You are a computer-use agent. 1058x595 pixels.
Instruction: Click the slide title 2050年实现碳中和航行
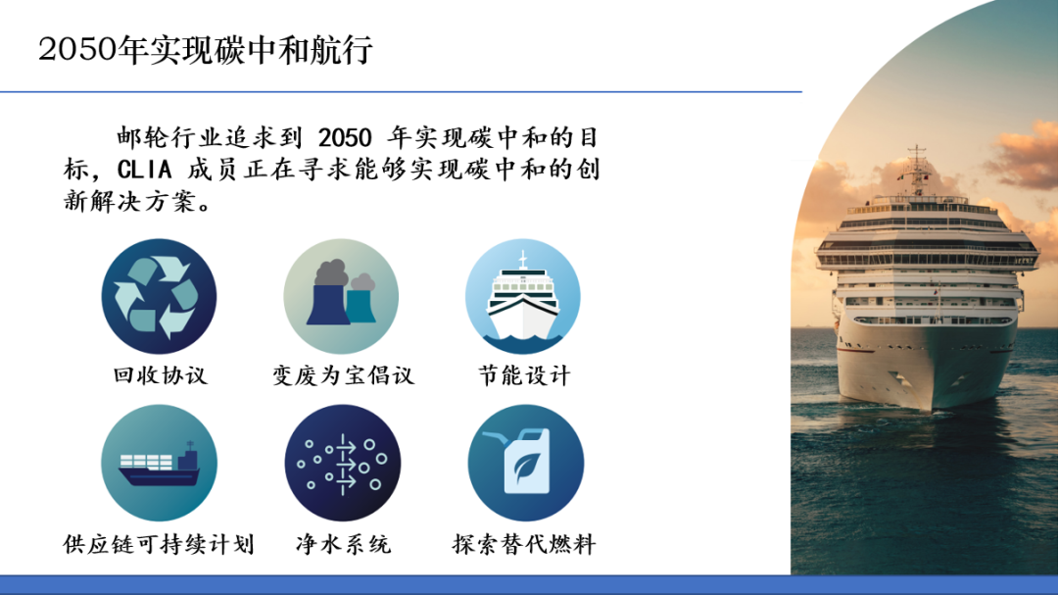pyautogui.click(x=205, y=50)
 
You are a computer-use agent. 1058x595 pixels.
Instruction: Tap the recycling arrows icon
pyautogui.click(x=160, y=296)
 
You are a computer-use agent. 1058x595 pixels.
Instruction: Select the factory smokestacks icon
pyautogui.click(x=342, y=296)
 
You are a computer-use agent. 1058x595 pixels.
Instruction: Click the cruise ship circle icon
pyautogui.click(x=523, y=296)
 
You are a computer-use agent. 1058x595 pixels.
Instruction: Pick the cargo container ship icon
pyautogui.click(x=160, y=464)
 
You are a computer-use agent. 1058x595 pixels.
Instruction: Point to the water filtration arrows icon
pyautogui.click(x=343, y=464)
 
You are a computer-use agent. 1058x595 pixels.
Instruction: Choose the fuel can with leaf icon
pyautogui.click(x=526, y=464)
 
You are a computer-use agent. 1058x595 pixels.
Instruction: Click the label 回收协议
pyautogui.click(x=160, y=375)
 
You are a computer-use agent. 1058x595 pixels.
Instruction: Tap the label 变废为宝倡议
pyautogui.click(x=343, y=375)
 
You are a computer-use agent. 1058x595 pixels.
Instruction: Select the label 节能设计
pyautogui.click(x=524, y=375)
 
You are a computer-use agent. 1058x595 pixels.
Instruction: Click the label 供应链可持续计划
pyautogui.click(x=159, y=544)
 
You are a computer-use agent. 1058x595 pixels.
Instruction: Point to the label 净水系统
pyautogui.click(x=344, y=544)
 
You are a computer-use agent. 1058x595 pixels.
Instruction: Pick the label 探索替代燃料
pyautogui.click(x=524, y=544)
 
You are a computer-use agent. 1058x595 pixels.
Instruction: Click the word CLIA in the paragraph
pyautogui.click(x=144, y=170)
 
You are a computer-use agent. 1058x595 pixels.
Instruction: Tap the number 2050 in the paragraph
pyautogui.click(x=345, y=138)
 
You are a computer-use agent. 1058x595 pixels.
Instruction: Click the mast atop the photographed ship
pyautogui.click(x=917, y=169)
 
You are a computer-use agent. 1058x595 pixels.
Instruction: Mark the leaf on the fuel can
pyautogui.click(x=526, y=466)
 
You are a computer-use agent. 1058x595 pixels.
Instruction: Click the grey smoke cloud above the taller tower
pyautogui.click(x=332, y=273)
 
